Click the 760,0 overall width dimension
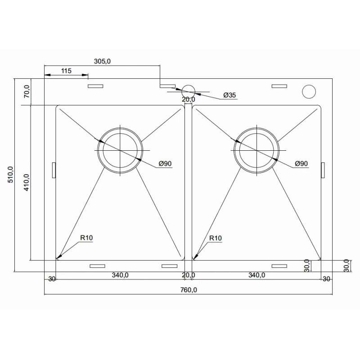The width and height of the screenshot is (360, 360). coord(189,290)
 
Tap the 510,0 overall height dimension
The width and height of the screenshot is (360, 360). coord(10,175)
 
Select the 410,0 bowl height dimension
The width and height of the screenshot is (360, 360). coord(27,183)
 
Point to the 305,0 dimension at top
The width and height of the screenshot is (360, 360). coord(103,61)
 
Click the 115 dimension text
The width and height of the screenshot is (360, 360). coord(66,71)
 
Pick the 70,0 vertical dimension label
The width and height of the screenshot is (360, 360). coord(27,91)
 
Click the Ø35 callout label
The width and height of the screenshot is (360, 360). coord(229,95)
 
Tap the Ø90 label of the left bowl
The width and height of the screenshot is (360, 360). coord(165,163)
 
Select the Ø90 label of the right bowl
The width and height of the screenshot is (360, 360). coord(301,163)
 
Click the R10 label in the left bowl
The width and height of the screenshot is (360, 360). coord(86,238)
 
